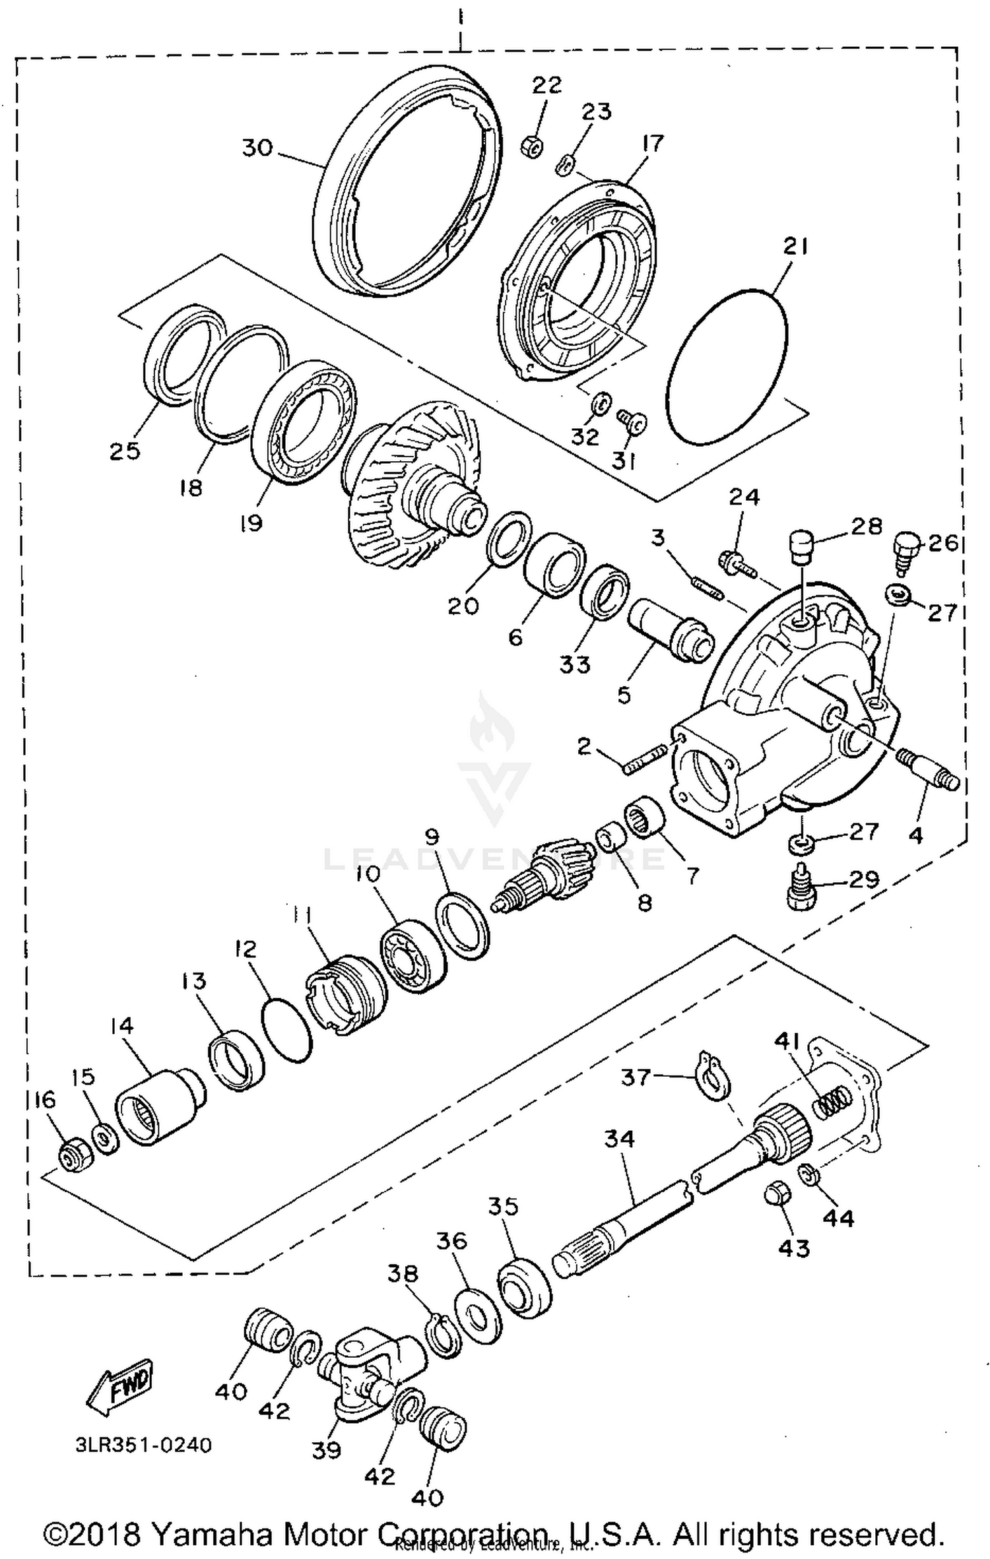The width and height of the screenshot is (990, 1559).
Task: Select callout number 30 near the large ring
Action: point(257,148)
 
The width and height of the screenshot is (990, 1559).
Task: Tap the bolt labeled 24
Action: point(737,563)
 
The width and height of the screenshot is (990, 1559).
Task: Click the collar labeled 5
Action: point(670,634)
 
